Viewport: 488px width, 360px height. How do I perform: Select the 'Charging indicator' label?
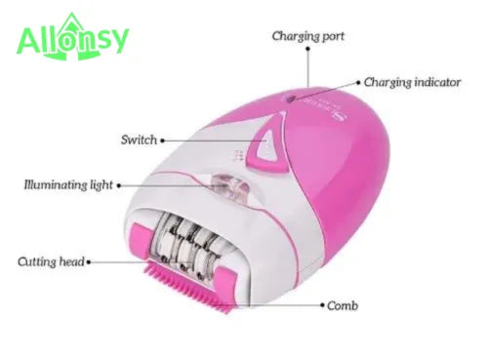coord(411,83)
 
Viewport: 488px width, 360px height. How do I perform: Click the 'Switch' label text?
coord(138,140)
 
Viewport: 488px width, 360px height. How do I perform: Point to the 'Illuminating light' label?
coord(68,183)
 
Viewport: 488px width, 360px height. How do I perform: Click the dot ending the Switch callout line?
coord(162,140)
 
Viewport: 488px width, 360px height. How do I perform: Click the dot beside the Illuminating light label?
coord(119,183)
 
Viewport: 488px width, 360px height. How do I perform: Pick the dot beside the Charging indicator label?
coord(358,83)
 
